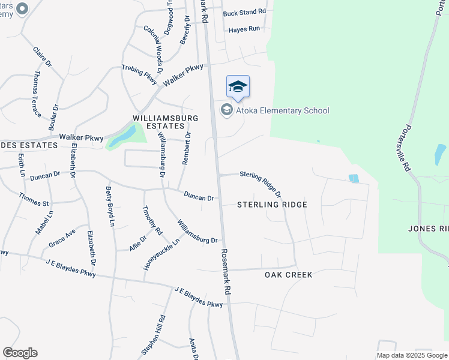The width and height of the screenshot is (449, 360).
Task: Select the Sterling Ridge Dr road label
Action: point(261,183)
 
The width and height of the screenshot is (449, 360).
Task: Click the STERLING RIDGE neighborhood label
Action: point(272,205)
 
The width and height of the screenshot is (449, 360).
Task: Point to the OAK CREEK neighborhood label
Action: point(289,275)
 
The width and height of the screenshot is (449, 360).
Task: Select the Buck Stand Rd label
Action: point(244,12)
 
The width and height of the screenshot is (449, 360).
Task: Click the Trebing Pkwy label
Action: point(139,73)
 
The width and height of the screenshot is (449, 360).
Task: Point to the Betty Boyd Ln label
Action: point(110,206)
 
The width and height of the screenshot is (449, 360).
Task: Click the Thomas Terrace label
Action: point(37,93)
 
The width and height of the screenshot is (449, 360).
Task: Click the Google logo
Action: point(20,353)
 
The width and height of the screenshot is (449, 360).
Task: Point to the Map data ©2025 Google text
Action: point(412,355)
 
